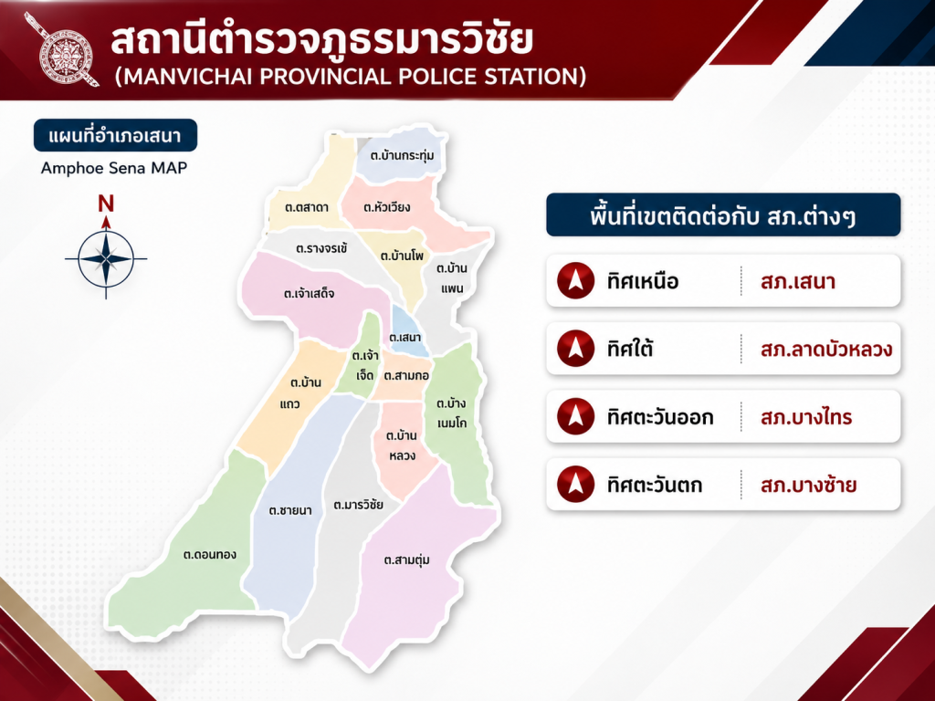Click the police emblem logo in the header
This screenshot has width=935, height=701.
[62, 49]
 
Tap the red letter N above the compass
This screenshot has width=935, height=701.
[106, 204]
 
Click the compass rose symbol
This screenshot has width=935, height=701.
[106, 258]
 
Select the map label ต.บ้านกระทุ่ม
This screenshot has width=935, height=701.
[402, 155]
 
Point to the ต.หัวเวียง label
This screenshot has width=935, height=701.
[387, 207]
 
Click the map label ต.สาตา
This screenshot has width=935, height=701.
[307, 207]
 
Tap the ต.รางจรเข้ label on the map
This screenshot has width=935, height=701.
[321, 248]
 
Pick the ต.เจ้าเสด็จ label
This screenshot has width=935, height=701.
[309, 293]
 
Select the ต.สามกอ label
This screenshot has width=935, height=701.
[406, 376]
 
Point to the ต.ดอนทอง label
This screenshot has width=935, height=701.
[210, 555]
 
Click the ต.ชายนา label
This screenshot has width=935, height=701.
[290, 510]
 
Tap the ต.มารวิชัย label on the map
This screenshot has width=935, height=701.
[358, 505]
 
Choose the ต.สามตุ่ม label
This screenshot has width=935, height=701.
[406, 560]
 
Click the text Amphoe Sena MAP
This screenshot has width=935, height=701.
[114, 168]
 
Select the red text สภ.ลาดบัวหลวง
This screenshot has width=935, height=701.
[826, 350]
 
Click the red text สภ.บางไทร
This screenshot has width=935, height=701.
[806, 416]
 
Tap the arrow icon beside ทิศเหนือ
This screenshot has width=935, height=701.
[575, 280]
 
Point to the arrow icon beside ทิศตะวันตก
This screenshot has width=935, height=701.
[575, 484]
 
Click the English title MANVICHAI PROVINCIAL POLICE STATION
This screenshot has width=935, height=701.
[351, 77]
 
